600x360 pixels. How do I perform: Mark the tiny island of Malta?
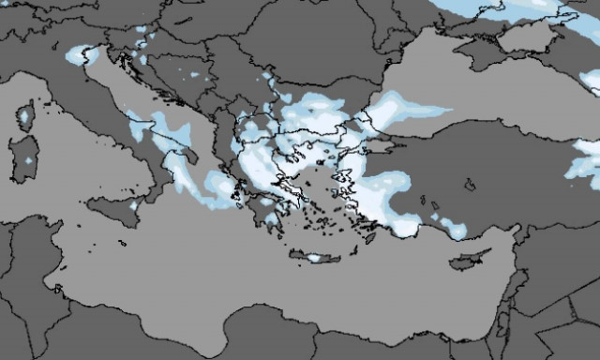point(124,241)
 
